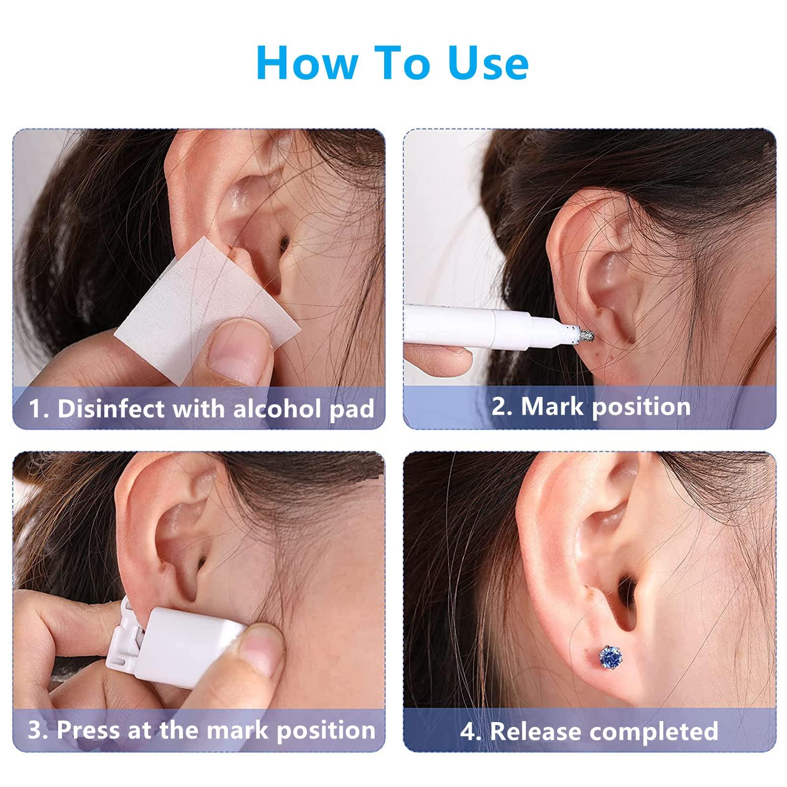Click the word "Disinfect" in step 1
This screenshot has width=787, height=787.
click(111, 409)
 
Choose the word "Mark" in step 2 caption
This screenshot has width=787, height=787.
click(552, 407)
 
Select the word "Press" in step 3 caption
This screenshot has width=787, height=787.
click(89, 730)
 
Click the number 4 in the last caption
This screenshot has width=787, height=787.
click(467, 731)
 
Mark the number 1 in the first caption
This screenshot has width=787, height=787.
click(34, 409)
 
